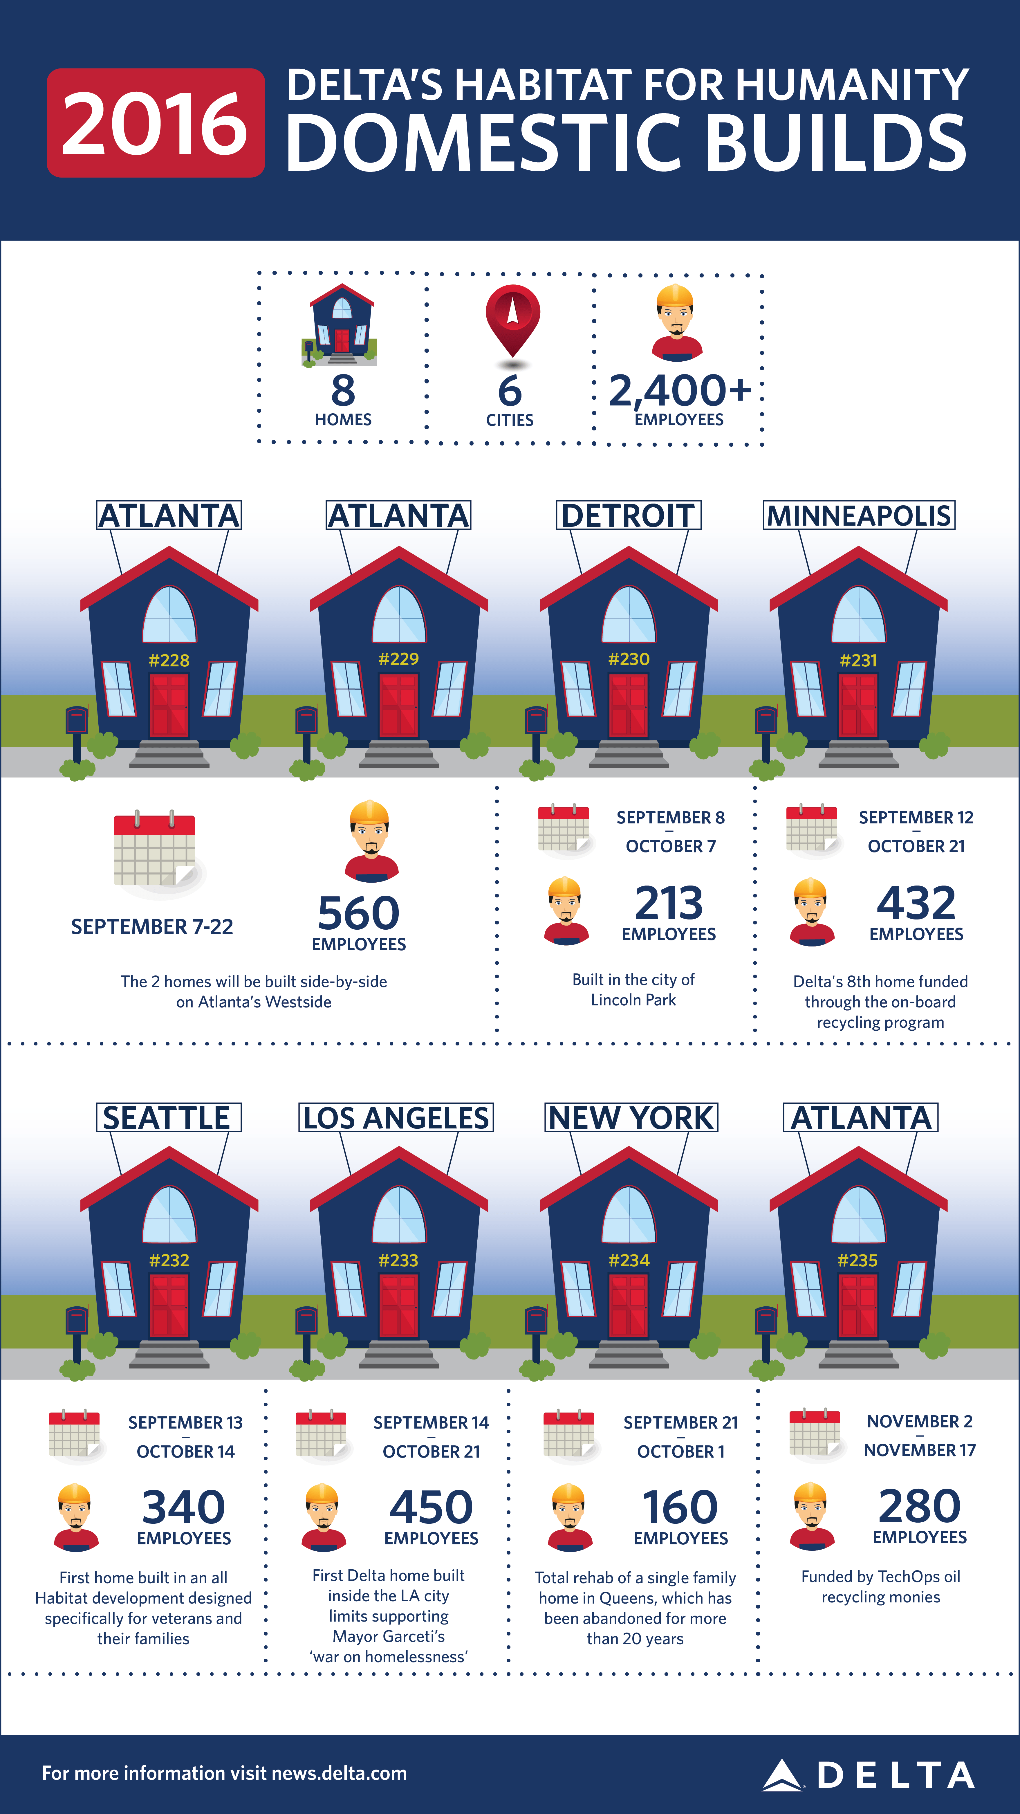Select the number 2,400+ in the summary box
[679, 391]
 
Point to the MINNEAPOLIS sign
[859, 515]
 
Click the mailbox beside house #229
[306, 722]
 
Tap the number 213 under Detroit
[669, 904]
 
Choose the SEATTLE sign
[168, 1117]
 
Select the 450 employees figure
[431, 1508]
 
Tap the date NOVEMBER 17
[919, 1450]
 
